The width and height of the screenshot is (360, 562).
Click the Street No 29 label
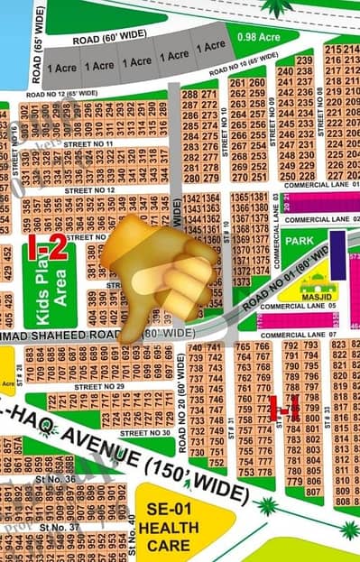tap(99, 386)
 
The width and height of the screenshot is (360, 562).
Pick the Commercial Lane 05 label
tap(297, 306)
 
